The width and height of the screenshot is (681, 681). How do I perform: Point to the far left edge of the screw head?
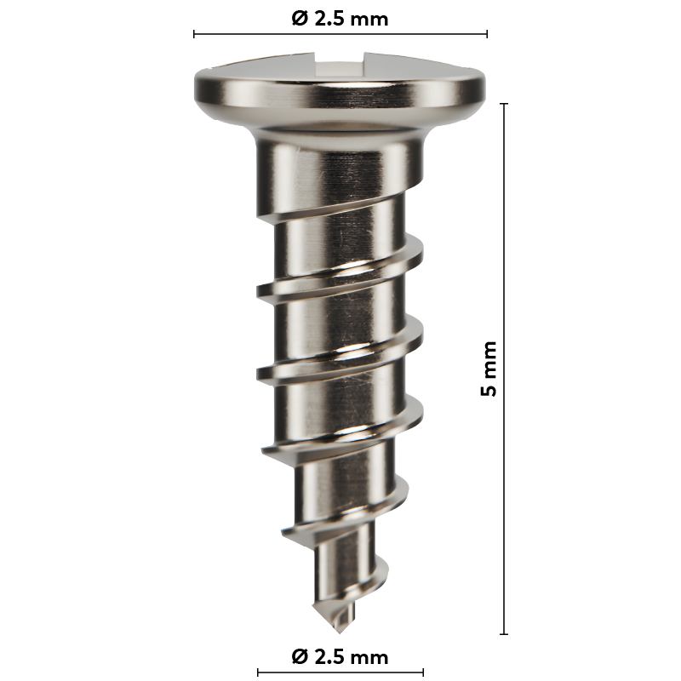coord(195,84)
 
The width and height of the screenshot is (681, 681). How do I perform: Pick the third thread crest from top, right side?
coord(417,417)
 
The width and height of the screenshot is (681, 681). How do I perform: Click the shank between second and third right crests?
coord(340,392)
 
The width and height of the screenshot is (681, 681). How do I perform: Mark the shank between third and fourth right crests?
coord(340,464)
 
